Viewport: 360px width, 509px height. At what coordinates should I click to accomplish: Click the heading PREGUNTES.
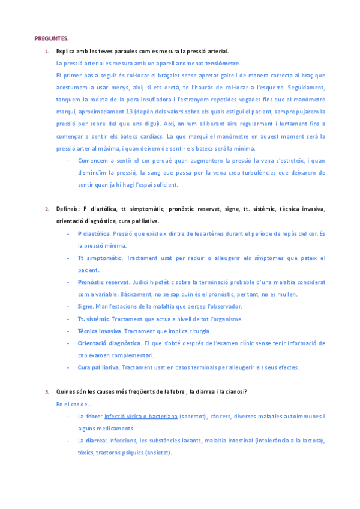point(52,38)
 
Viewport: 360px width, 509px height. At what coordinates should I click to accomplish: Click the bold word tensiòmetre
point(223,63)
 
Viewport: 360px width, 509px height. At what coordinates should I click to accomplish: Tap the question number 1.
point(47,51)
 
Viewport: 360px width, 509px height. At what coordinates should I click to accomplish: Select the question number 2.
point(47,209)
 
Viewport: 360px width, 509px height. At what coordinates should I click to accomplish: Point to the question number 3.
point(47,392)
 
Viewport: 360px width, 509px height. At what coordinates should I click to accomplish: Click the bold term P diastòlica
point(94,233)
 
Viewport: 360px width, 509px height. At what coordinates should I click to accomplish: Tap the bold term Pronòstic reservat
point(103,282)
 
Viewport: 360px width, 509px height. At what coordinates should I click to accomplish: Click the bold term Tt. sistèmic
point(94,319)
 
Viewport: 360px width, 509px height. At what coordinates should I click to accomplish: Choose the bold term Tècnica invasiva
point(100,331)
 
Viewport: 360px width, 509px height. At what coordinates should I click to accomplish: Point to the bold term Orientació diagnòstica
point(109,343)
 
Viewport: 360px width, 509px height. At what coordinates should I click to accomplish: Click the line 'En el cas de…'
point(71,405)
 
